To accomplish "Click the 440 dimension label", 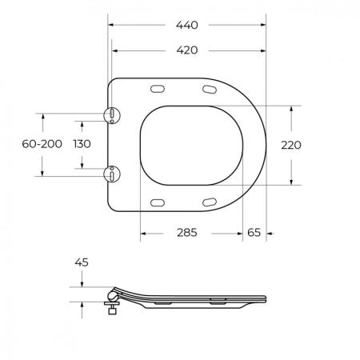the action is pos(186,25).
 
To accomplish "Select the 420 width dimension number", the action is pos(187,50).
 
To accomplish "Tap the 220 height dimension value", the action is pos(291,145).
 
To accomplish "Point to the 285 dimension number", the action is pos(187,233).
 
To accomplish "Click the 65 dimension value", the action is pos(254,233).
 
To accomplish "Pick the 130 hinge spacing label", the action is pos(82,144).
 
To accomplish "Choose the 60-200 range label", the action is pos(42,144).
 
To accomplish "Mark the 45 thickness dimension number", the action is pos(82,262).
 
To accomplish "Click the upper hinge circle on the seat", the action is pos(112,115).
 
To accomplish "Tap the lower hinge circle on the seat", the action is pos(112,174).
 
